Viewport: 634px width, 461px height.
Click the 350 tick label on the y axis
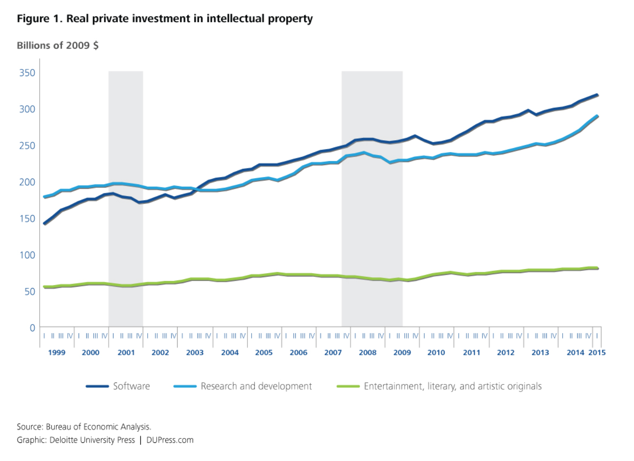(x=27, y=73)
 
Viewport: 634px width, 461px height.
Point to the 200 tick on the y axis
(x=27, y=182)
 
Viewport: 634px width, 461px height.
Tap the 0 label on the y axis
(x=32, y=328)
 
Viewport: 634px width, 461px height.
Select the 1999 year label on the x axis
(x=57, y=353)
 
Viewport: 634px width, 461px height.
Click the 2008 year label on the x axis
(x=367, y=353)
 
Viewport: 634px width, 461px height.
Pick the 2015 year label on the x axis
(x=597, y=353)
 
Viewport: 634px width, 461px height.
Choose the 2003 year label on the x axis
(x=195, y=353)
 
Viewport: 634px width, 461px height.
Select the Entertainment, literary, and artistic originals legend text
(x=452, y=386)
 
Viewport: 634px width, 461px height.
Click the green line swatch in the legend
(x=348, y=387)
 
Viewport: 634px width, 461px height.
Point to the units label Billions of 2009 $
(x=58, y=45)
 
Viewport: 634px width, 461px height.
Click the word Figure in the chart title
(x=33, y=19)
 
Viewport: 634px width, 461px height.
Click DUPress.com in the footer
(x=170, y=440)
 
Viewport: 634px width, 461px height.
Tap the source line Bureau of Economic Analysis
(x=98, y=427)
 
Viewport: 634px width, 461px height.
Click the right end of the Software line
(x=597, y=95)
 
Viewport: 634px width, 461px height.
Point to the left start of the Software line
(x=45, y=223)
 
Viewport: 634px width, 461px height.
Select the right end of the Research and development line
(x=597, y=116)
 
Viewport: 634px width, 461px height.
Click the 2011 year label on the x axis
(x=471, y=353)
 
